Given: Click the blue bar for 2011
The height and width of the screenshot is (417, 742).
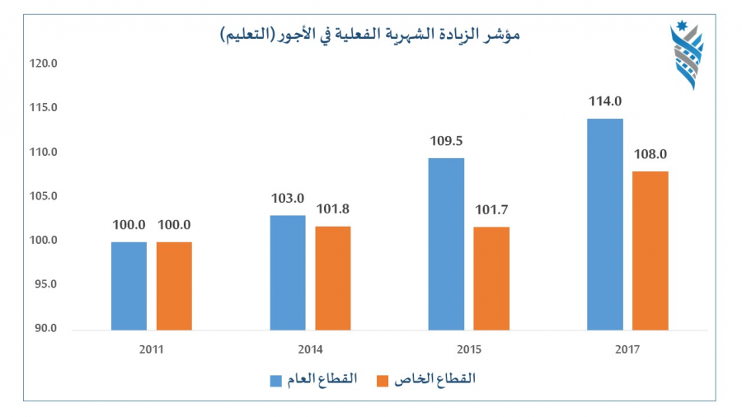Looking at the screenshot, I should pos(129,286).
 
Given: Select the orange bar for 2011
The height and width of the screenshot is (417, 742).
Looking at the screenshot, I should pos(174,286).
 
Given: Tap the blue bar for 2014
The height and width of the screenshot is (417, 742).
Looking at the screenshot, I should pos(287,273).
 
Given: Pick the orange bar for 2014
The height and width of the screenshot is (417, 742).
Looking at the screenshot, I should pos(332,278).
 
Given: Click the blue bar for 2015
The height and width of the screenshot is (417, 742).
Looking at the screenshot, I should pos(446,244).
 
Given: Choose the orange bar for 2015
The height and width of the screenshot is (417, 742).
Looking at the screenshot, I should pos(491,279).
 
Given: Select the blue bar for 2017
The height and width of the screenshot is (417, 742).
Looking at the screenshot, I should pos(605,224).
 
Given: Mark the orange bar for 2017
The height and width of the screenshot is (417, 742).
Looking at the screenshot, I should pos(650,251).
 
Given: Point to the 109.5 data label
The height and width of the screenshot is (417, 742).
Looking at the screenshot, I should pos(446,141).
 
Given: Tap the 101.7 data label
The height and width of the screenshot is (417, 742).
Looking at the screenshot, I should pos(491,209).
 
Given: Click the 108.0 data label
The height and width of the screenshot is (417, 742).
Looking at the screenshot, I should pos(650,154).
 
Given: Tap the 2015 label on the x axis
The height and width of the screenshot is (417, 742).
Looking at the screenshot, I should pos(468,349).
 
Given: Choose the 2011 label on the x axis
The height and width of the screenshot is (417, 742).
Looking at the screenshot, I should pos(152,349).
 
